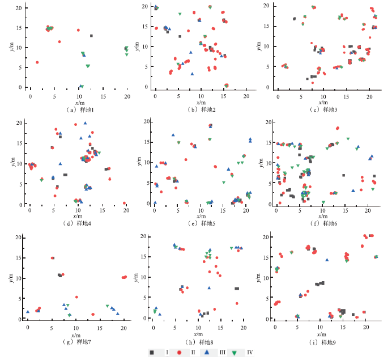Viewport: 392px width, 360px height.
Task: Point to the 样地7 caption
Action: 77,342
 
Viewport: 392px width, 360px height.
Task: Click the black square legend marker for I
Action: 152,353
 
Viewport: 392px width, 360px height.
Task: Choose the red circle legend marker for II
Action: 178,353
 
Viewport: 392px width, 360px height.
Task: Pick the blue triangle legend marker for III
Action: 207,353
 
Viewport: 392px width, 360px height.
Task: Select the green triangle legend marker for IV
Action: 234,353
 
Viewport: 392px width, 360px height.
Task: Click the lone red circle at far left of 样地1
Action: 37,62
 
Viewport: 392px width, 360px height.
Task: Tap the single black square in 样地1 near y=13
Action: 91,36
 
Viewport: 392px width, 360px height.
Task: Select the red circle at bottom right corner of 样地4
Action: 124,203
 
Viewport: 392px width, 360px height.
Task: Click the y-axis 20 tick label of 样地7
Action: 18,238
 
